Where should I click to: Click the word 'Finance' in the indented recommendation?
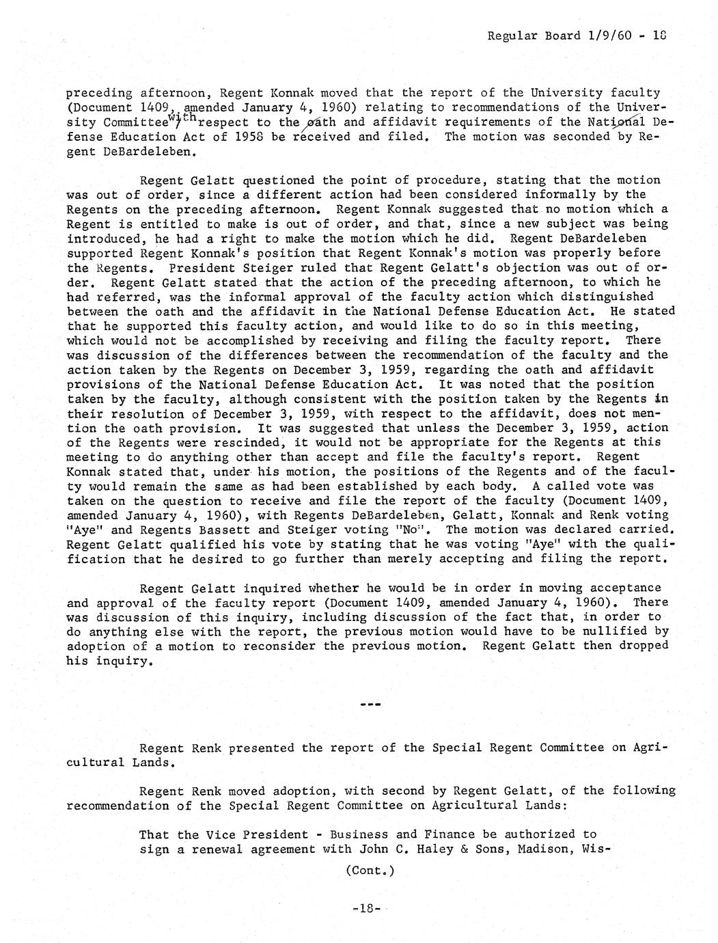pyautogui.click(x=437, y=834)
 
